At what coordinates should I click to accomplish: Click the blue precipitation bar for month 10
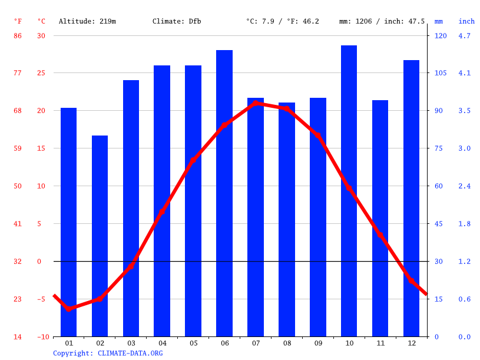click(x=349, y=191)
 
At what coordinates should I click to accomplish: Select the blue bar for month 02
click(x=100, y=236)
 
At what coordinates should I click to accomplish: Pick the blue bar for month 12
click(x=411, y=198)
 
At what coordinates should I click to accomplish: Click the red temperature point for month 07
click(x=256, y=103)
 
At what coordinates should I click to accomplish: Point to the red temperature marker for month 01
click(x=69, y=308)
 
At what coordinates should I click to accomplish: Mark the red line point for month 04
click(x=162, y=212)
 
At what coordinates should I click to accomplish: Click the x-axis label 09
click(x=318, y=343)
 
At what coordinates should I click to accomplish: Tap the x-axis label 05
click(x=193, y=343)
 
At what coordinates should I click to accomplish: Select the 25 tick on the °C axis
click(x=41, y=73)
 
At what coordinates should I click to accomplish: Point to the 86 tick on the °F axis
click(x=18, y=36)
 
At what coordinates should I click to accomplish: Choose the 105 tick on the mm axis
click(x=440, y=73)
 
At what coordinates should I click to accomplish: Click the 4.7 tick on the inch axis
click(x=465, y=36)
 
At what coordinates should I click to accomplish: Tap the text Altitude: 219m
click(x=87, y=21)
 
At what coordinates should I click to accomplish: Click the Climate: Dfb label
click(x=177, y=21)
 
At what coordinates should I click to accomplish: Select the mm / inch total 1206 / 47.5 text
click(x=382, y=21)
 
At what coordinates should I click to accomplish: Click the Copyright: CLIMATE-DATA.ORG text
click(x=108, y=354)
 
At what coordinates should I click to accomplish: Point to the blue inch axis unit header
click(x=466, y=21)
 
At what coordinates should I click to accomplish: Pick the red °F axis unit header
click(x=18, y=21)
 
